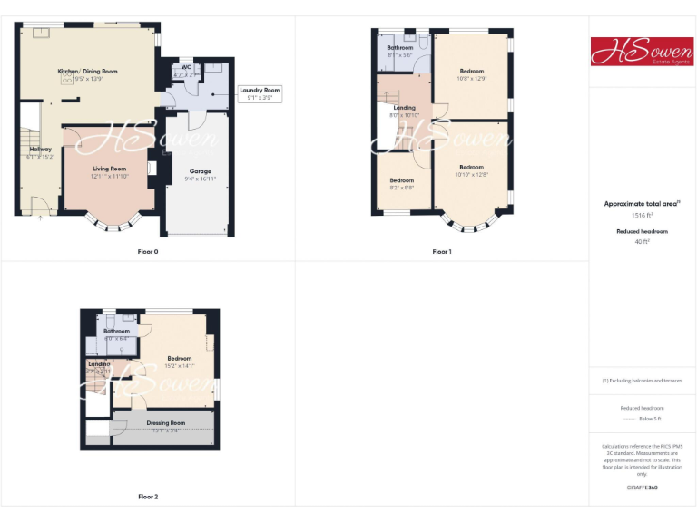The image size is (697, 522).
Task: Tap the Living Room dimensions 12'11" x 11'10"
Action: pos(110,176)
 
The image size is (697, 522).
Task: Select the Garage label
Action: pos(200,170)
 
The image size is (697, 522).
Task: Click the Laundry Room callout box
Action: pos(259,93)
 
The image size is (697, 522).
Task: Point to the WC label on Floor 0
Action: pos(186,66)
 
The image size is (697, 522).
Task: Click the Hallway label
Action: pos(40,150)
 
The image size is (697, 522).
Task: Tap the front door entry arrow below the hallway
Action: pos(39,217)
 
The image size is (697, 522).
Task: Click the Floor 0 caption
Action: pos(147,251)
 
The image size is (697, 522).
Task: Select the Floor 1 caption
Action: pos(442,251)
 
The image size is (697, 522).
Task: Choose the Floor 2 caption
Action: pos(147,497)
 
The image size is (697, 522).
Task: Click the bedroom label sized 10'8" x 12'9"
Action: pos(472,71)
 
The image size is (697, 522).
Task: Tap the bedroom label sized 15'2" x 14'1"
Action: pos(179,359)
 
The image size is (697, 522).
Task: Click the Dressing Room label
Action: pos(166,423)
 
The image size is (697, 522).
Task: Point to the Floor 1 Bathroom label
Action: pos(400,47)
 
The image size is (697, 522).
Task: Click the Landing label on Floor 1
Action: pos(404,108)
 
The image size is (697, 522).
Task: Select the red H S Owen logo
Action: pos(642,51)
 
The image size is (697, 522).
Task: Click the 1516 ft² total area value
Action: pos(642,216)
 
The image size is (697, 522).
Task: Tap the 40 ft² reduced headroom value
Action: pos(642,242)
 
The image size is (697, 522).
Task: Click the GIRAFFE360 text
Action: pos(642,488)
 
